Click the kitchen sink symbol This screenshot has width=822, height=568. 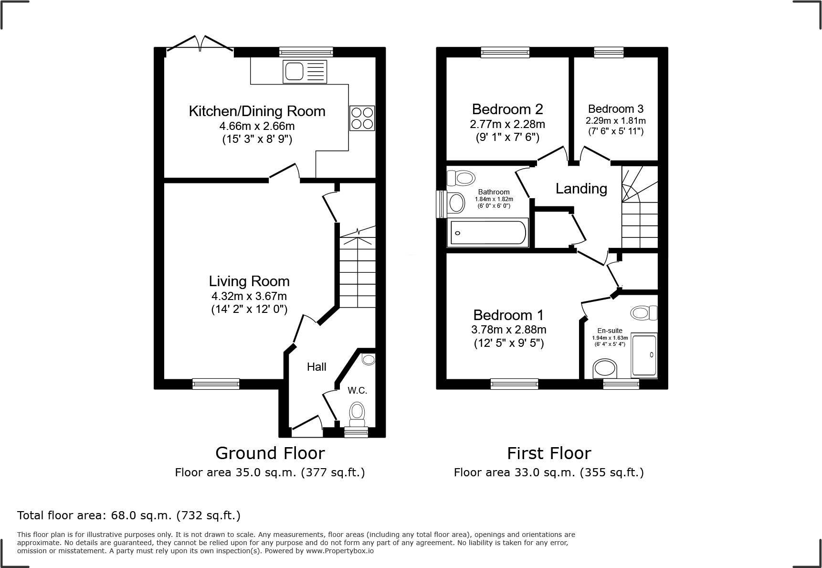[x=305, y=72]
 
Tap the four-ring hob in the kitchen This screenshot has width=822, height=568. [x=362, y=118]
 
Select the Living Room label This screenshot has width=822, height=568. [x=249, y=281]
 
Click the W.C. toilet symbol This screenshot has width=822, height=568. [x=357, y=414]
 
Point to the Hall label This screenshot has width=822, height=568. [x=316, y=367]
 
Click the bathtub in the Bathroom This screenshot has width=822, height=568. [x=488, y=233]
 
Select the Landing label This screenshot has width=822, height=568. [x=581, y=189]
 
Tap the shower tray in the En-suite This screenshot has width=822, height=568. [x=644, y=355]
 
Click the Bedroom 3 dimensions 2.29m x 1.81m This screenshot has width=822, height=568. [x=616, y=121]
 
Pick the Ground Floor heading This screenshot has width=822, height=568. [x=270, y=453]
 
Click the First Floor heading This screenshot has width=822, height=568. [x=549, y=453]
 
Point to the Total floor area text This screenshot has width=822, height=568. [x=129, y=516]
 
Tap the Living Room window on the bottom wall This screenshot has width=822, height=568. [x=216, y=384]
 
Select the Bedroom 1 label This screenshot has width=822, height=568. [x=508, y=315]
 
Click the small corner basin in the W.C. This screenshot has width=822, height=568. [x=369, y=359]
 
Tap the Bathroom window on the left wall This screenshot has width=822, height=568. [x=442, y=204]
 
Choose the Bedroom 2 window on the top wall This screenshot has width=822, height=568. [x=505, y=52]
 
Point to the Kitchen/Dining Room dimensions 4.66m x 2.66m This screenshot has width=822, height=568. [x=257, y=127]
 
